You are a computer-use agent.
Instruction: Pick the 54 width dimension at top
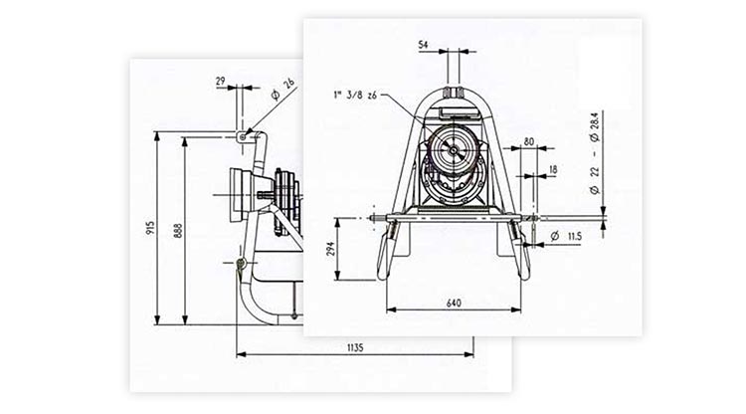tap(423, 45)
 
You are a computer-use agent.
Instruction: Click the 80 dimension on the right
tap(528, 141)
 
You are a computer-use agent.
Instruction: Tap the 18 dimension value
tap(552, 170)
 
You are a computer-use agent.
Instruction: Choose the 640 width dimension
tap(454, 300)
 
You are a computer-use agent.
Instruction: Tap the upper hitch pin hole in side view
tap(242, 134)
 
